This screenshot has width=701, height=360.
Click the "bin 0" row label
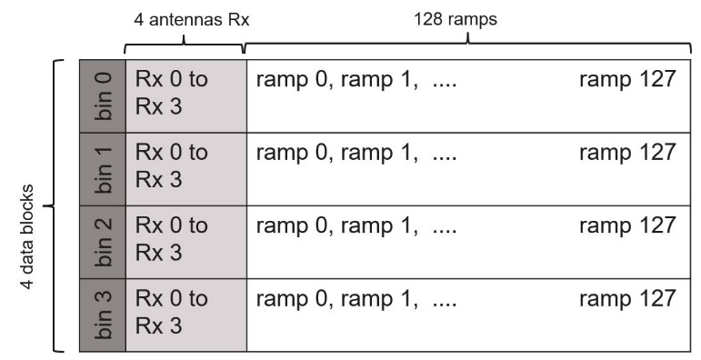(104, 96)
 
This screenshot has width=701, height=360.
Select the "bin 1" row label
(104, 169)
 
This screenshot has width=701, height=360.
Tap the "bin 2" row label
(104, 242)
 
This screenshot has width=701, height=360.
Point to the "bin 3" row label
(104, 315)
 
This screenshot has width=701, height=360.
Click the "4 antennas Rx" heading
(191, 20)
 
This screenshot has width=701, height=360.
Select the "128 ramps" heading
(456, 19)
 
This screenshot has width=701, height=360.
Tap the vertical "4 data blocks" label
(27, 236)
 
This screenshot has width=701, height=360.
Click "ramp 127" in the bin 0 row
(627, 79)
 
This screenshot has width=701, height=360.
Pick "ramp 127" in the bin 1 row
(627, 152)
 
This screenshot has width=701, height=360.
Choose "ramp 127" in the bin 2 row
(627, 225)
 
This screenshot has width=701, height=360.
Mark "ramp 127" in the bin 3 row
(627, 298)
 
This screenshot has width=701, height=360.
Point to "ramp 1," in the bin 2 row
(380, 225)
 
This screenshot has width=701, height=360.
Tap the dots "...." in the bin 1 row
(445, 158)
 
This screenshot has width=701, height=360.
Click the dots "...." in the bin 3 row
(445, 305)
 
